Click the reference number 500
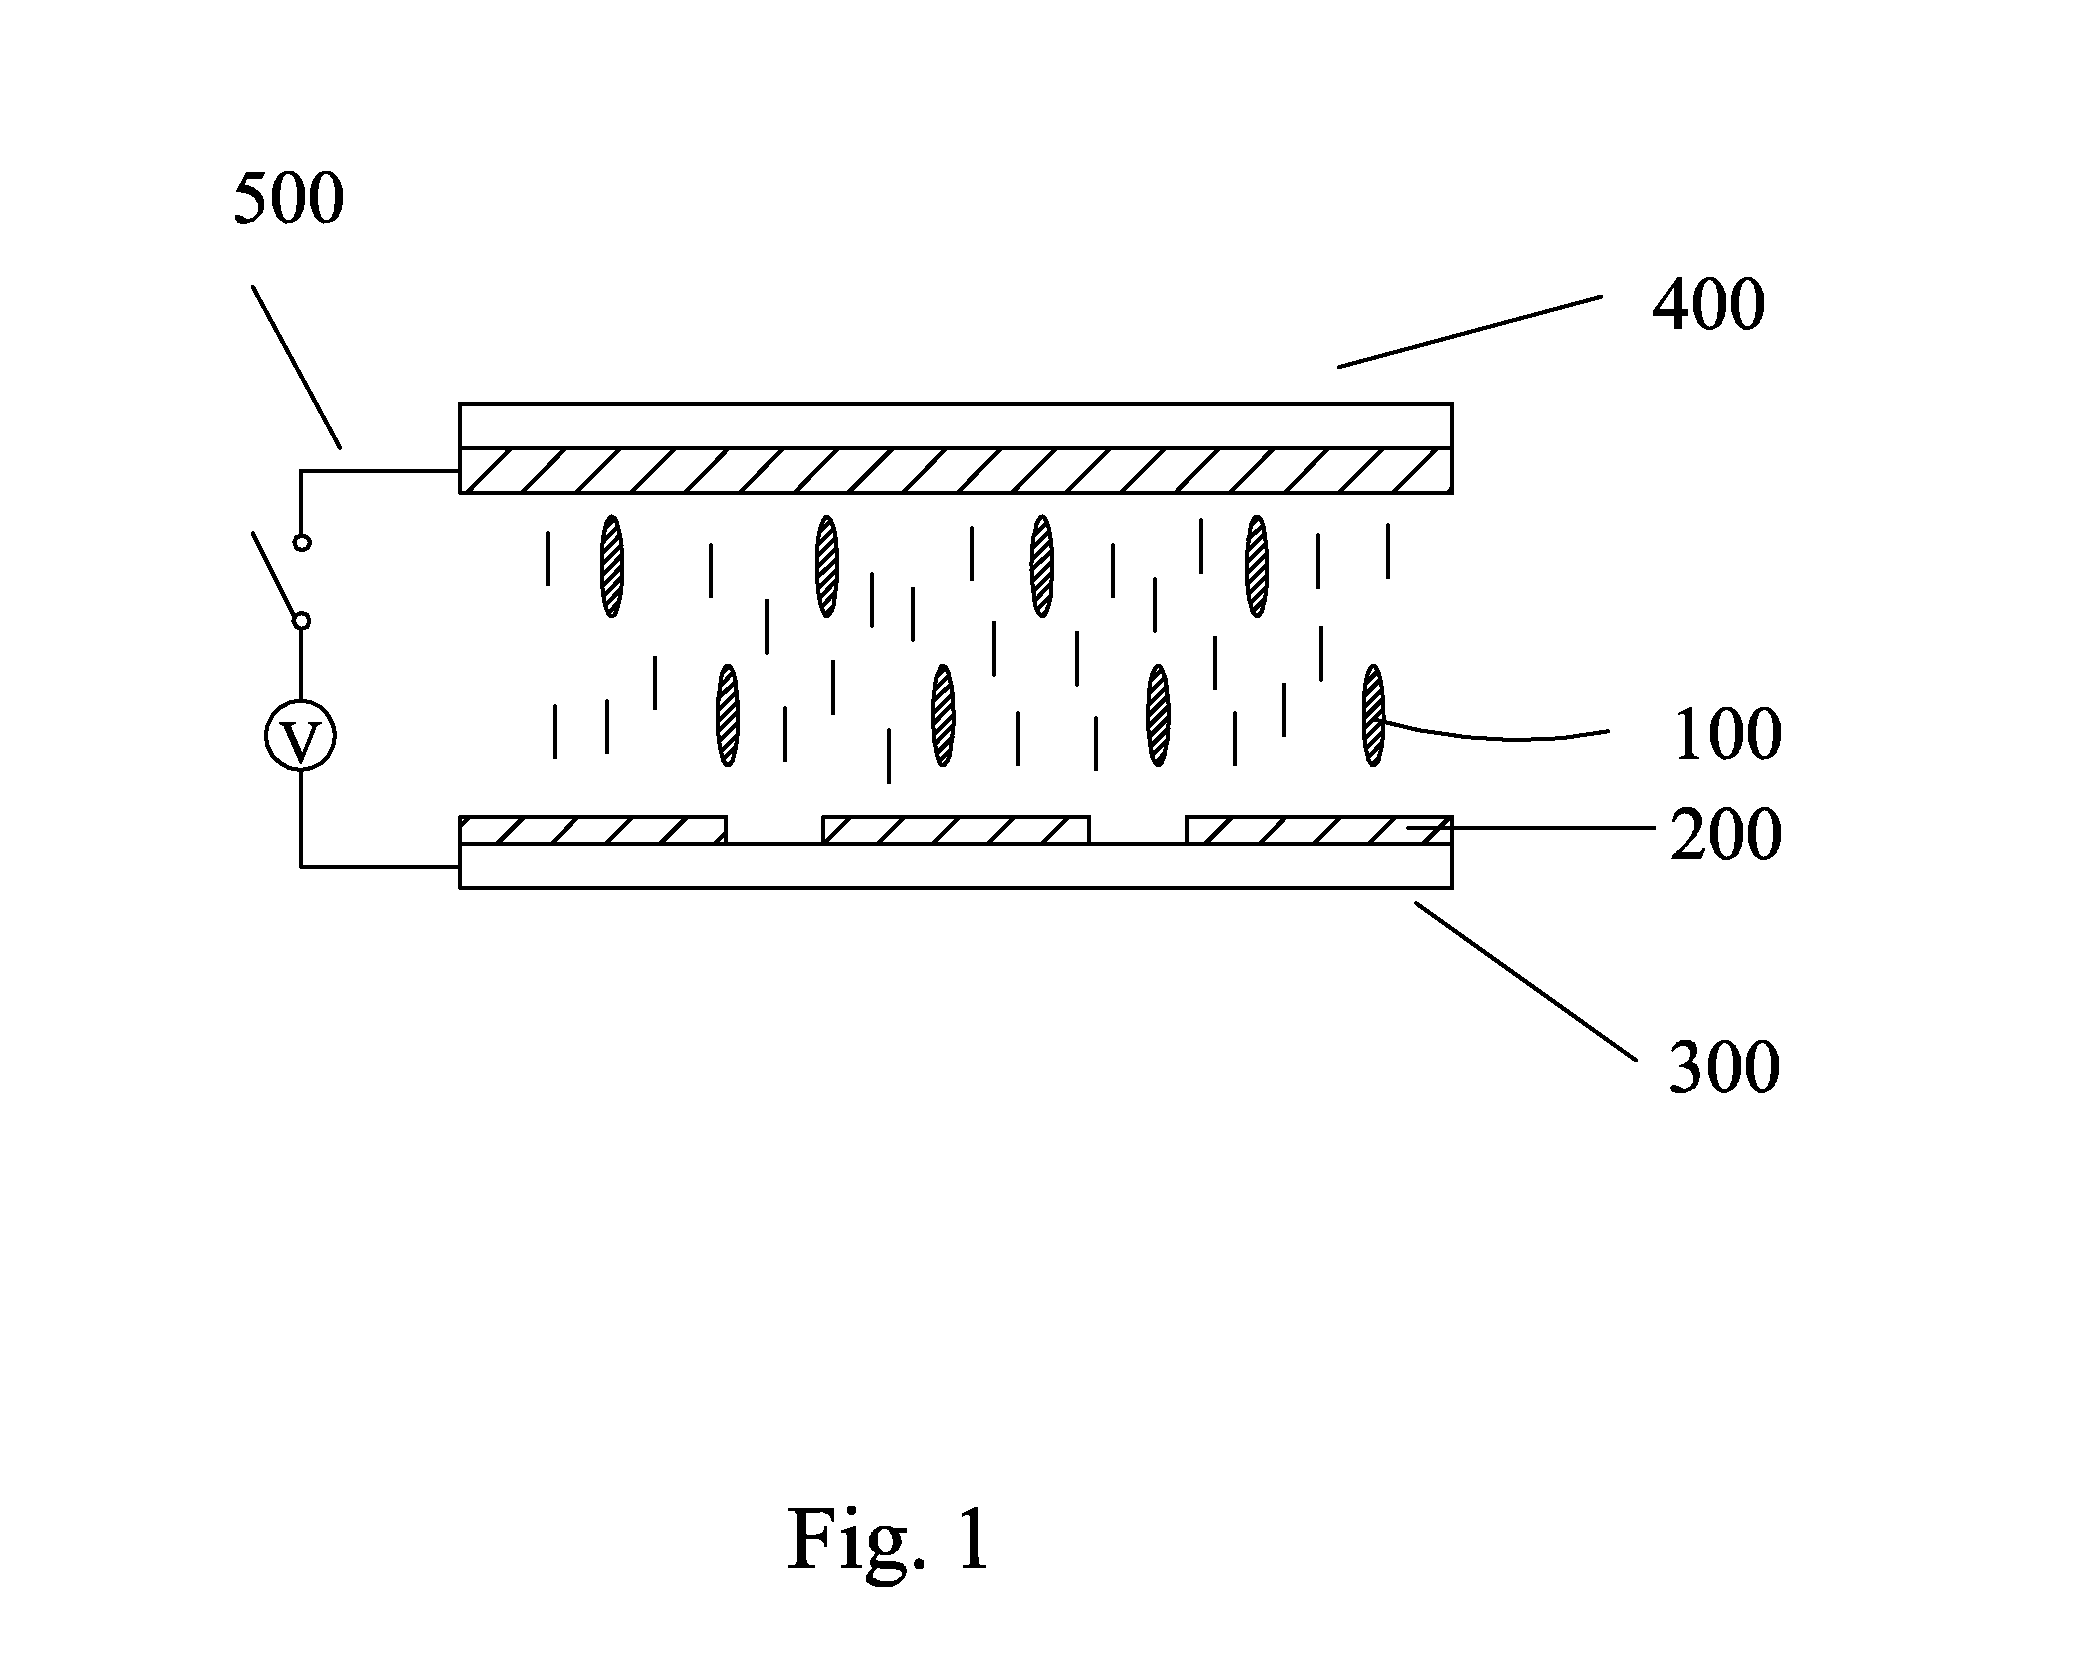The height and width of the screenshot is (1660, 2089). pos(289,198)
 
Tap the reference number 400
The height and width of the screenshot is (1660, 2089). pos(1709,305)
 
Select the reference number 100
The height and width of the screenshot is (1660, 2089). pos(1727,735)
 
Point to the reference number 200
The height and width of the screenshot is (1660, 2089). pos(1726,834)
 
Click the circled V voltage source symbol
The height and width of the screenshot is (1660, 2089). pos(300,737)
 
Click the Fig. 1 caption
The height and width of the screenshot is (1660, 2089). pos(889,1539)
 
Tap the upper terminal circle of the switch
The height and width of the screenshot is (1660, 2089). pos(301,542)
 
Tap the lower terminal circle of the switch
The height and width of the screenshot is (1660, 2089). pos(301,621)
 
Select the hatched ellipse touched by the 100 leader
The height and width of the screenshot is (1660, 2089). pos(1373,715)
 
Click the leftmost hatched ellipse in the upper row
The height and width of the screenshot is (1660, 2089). pos(611,565)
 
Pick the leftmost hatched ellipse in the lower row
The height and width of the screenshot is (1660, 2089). pos(728,715)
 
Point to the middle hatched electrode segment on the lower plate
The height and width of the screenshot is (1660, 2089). pos(956,830)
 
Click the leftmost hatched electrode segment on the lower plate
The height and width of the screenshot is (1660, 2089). pos(593,830)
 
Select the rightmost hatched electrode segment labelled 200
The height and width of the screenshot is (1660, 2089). pos(1319,830)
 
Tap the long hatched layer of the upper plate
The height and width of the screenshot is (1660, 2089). pos(956,470)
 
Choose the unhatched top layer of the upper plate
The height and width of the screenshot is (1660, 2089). pos(956,425)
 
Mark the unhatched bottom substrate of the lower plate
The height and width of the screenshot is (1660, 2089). pos(956,866)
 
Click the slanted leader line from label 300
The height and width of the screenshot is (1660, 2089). pos(1525,981)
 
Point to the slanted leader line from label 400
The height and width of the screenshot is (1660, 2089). pos(1470,331)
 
